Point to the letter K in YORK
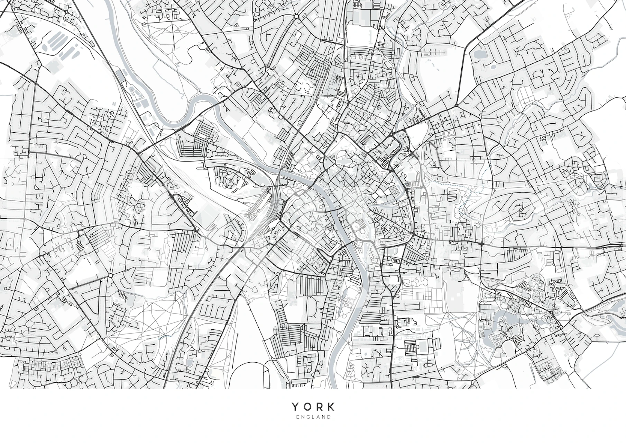coord(331,406)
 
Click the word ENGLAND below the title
coord(313,417)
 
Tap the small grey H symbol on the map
coord(114,103)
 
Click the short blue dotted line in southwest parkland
coord(165,336)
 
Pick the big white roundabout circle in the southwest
coord(110,275)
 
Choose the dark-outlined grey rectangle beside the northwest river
coord(120,74)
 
